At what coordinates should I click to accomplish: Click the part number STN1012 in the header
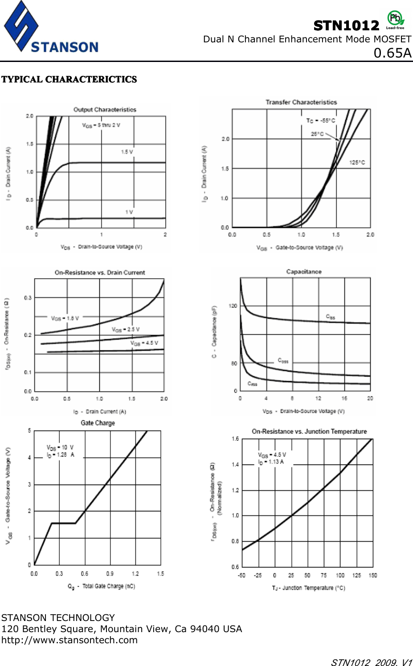pyautogui.click(x=346, y=26)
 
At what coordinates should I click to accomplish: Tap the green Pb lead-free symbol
pyautogui.click(x=395, y=19)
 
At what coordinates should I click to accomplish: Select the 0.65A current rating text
pyautogui.click(x=392, y=53)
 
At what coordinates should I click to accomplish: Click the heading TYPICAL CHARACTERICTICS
pyautogui.click(x=69, y=79)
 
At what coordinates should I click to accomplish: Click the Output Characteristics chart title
pyautogui.click(x=105, y=110)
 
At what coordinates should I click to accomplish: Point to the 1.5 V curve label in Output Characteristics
pyautogui.click(x=127, y=152)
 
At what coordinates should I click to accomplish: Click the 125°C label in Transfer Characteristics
pyautogui.click(x=357, y=163)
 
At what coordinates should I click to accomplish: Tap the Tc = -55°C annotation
pyautogui.click(x=320, y=121)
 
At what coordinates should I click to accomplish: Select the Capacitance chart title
pyautogui.click(x=303, y=271)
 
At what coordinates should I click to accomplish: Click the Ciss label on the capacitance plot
pyautogui.click(x=330, y=317)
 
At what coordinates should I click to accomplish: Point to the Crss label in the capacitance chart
pyautogui.click(x=253, y=384)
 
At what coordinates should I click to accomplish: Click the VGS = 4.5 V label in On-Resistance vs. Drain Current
pyautogui.click(x=144, y=343)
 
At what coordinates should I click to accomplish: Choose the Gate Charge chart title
pyautogui.click(x=98, y=423)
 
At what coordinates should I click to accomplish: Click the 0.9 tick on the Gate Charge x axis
pyautogui.click(x=110, y=574)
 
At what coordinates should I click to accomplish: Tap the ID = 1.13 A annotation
pyautogui.click(x=271, y=462)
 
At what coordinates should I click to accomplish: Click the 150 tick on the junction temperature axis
pyautogui.click(x=372, y=576)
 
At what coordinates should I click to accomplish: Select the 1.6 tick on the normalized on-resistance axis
pyautogui.click(x=235, y=439)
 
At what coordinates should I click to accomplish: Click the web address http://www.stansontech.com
pyautogui.click(x=70, y=640)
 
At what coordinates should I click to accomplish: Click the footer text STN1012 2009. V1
pyautogui.click(x=371, y=662)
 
